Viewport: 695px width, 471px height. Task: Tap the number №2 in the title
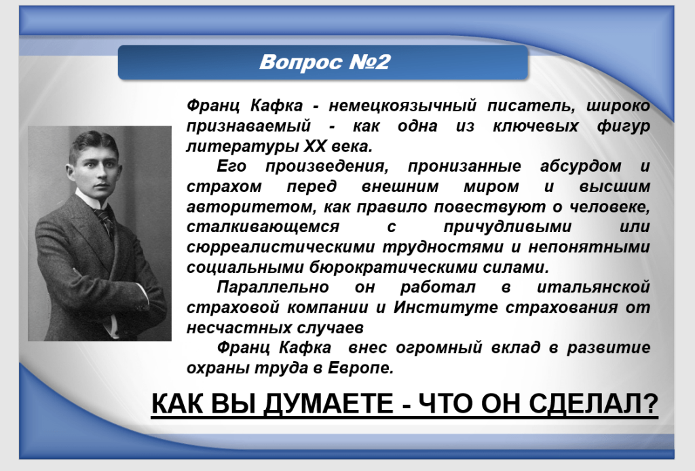point(370,62)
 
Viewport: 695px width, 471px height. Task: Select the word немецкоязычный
point(402,106)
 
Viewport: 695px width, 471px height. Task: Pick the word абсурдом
point(581,166)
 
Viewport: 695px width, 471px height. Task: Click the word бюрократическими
point(392,267)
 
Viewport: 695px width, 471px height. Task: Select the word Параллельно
point(273,287)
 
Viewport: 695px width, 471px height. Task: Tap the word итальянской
point(593,287)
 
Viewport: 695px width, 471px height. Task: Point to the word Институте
point(445,307)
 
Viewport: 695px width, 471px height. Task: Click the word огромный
point(438,348)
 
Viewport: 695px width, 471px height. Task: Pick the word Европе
point(360,368)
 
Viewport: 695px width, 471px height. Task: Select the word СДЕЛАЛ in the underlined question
point(593,404)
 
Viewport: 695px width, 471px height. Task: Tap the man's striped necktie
point(106,221)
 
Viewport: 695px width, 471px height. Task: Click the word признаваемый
point(248,126)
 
